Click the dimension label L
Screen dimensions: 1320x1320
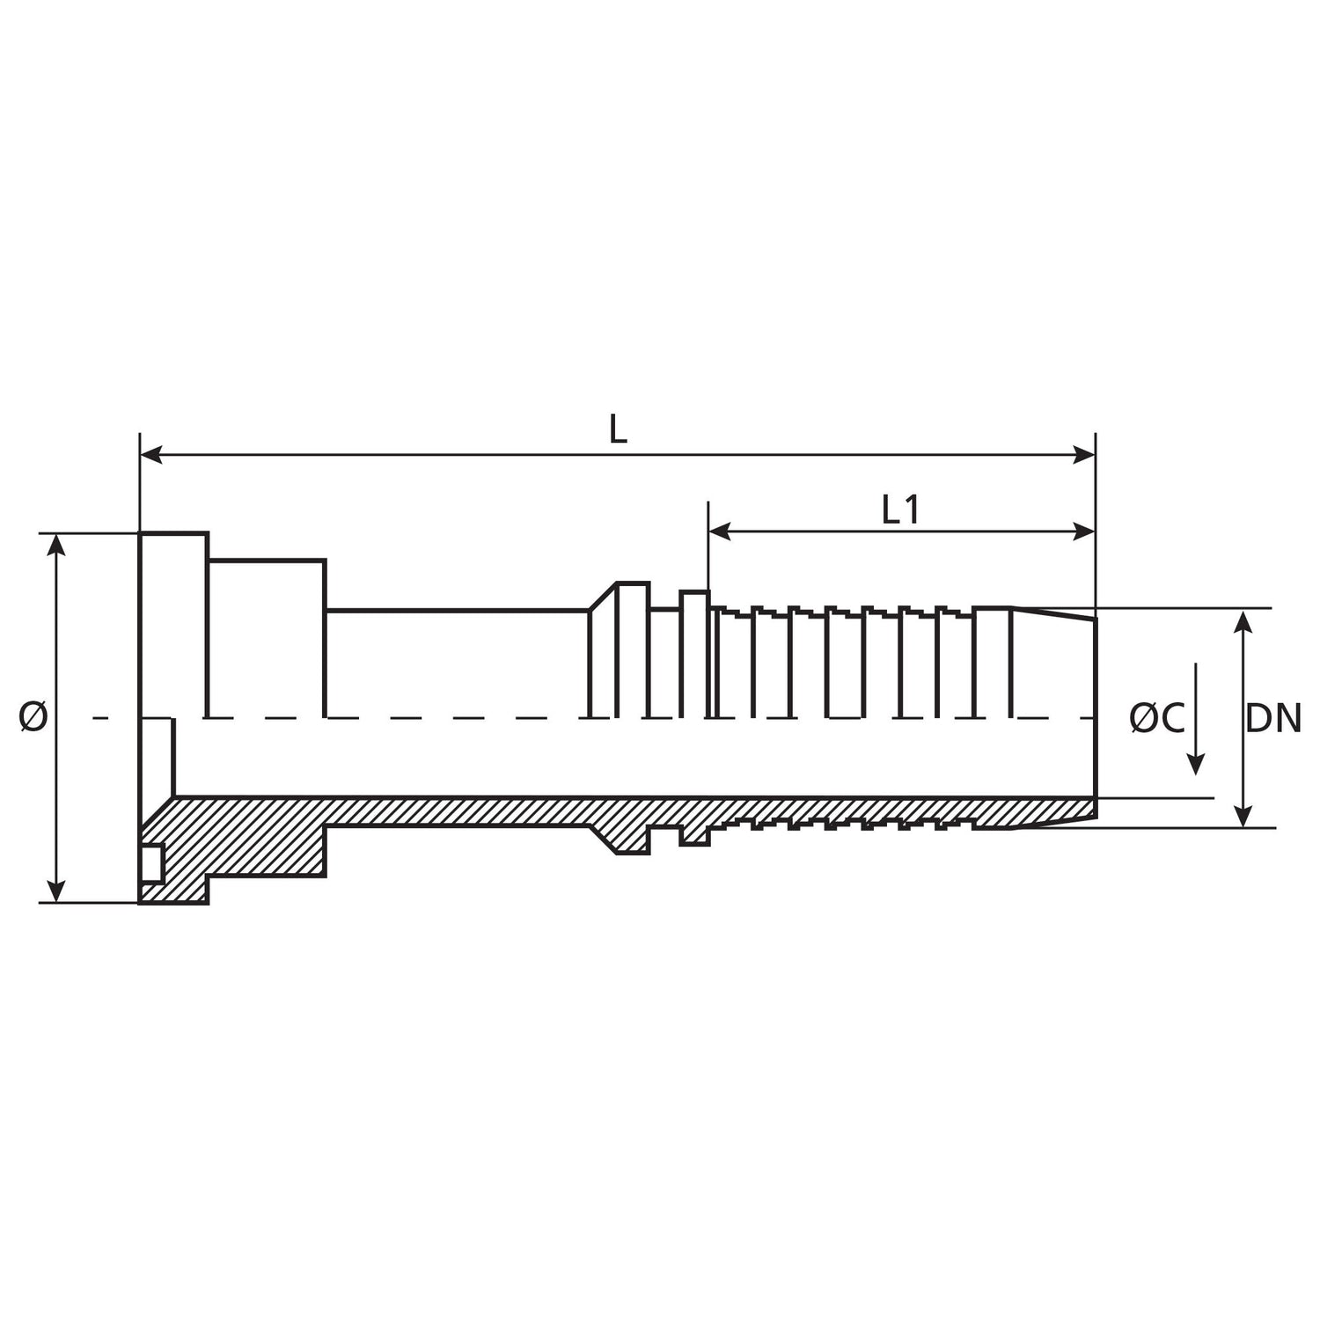pos(619,430)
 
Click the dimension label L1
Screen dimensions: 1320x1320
pos(901,510)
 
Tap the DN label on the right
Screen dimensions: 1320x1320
pos(1273,719)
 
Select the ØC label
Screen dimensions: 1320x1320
pos(1156,719)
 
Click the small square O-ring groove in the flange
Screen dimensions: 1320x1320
pos(152,862)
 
